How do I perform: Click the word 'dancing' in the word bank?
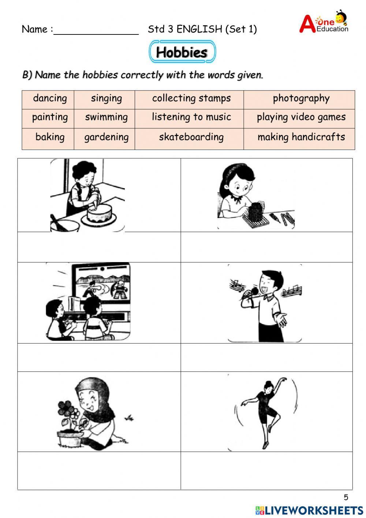coord(50,98)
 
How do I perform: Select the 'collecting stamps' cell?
coord(191,98)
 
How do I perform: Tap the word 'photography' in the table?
coord(301,98)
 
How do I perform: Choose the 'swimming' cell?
coord(106,117)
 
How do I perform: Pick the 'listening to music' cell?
coord(191,117)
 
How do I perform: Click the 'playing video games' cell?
coord(301,117)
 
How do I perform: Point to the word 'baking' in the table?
coord(50,137)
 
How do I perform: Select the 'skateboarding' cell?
coord(191,137)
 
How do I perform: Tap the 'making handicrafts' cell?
coord(301,137)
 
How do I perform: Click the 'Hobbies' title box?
coord(182,52)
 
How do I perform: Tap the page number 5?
coord(346,497)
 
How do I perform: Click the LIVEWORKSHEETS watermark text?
coord(314,510)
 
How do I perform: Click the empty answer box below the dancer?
coord(266,470)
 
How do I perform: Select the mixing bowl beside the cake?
coord(64,224)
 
